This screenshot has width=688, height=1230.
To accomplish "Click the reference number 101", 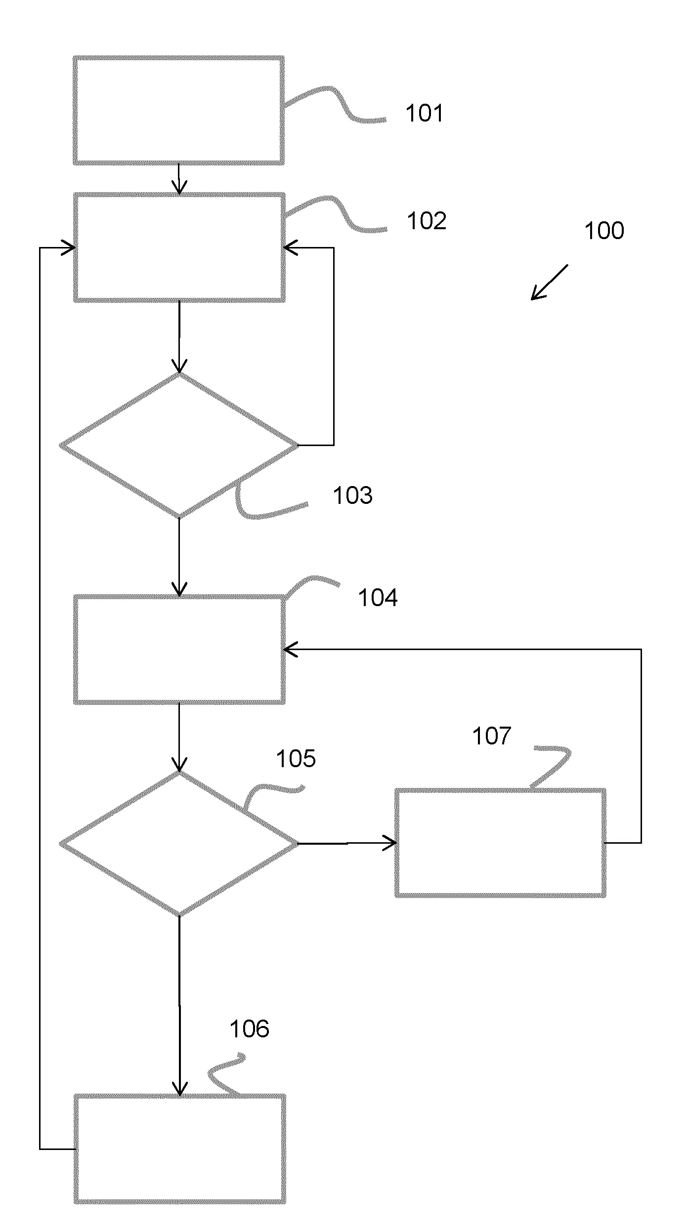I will pyautogui.click(x=424, y=113).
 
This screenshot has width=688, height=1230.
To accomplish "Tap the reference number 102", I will pyautogui.click(x=426, y=221).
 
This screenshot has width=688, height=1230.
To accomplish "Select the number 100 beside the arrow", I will pyautogui.click(x=603, y=231).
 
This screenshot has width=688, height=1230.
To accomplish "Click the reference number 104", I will pyautogui.click(x=377, y=598).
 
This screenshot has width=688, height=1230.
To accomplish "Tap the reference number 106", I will pyautogui.click(x=249, y=1029).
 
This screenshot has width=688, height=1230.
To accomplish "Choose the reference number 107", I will pyautogui.click(x=491, y=736).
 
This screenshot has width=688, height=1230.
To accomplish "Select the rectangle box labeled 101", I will pyautogui.click(x=179, y=110).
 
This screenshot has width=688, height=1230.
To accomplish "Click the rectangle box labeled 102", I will pyautogui.click(x=179, y=247).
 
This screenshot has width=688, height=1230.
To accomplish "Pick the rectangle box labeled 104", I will pyautogui.click(x=179, y=650).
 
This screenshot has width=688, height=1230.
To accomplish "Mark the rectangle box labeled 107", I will pyautogui.click(x=500, y=843).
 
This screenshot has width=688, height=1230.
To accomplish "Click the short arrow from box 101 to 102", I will pyautogui.click(x=179, y=179).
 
